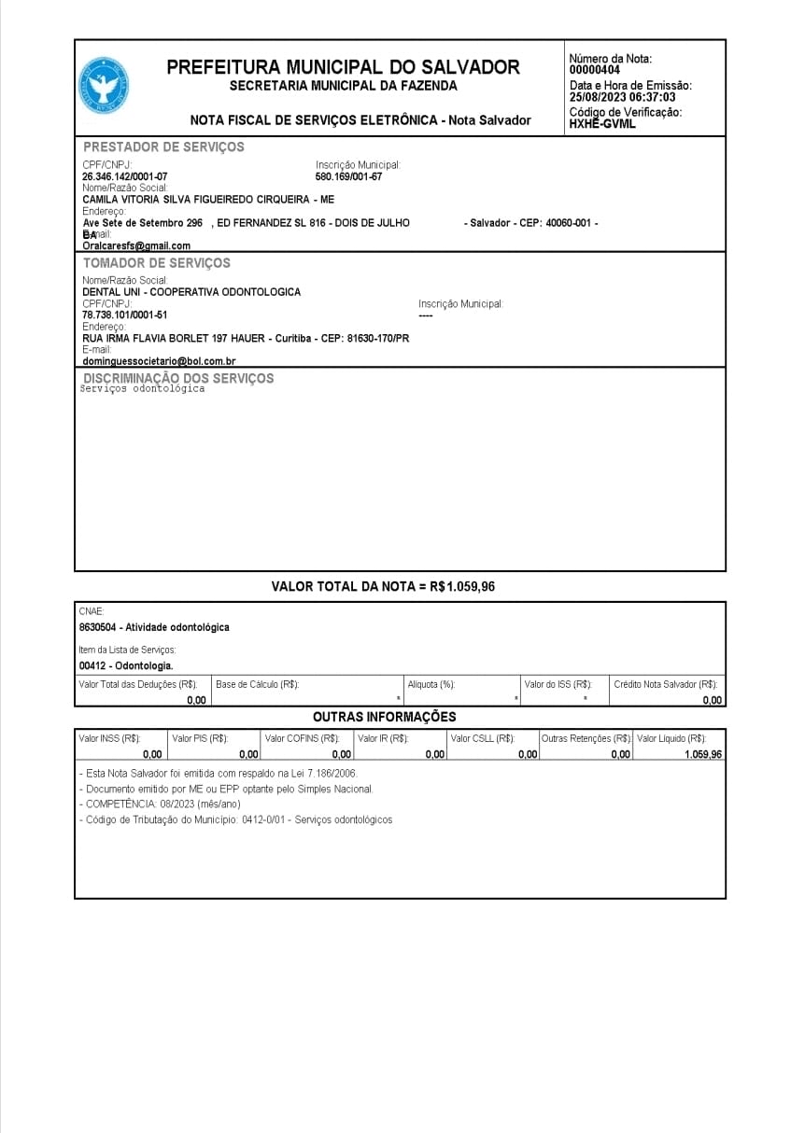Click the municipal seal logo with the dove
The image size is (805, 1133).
(103, 86)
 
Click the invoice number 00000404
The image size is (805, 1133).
(595, 70)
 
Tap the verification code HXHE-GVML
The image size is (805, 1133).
(602, 124)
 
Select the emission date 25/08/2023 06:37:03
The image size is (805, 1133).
(623, 97)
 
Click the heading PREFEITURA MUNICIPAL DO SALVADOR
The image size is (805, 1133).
(343, 67)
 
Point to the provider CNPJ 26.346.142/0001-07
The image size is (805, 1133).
(125, 176)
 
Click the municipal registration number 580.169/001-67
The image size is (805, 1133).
(349, 176)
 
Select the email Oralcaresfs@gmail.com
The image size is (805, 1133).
(136, 245)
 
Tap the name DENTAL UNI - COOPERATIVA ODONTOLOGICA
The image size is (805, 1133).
(191, 292)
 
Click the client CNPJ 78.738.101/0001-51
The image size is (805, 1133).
(125, 315)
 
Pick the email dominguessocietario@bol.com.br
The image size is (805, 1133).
(159, 361)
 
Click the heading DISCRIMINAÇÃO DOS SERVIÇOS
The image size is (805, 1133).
(178, 378)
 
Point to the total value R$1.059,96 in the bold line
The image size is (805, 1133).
(469, 587)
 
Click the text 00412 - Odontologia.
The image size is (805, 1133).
(126, 666)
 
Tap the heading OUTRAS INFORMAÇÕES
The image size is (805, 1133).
(384, 717)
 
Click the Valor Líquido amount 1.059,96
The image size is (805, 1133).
(702, 754)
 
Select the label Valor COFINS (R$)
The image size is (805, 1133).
(302, 739)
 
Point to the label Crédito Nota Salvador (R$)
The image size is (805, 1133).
(665, 684)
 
